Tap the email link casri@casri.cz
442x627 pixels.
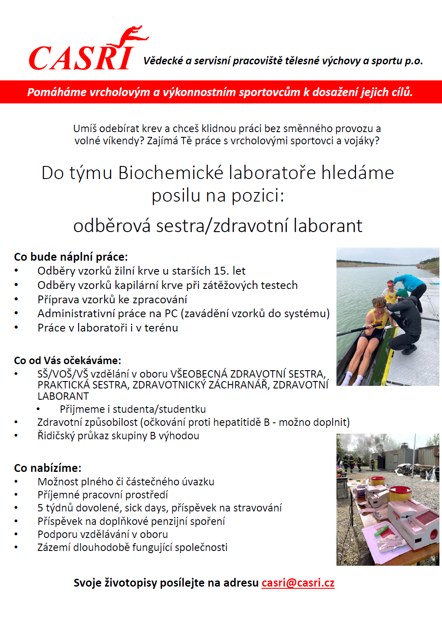click(298, 583)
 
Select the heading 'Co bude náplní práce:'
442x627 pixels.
click(71, 257)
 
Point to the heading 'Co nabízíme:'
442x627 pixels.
click(47, 468)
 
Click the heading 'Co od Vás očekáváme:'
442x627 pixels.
click(67, 361)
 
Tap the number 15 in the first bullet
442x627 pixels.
click(220, 271)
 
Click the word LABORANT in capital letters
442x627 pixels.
click(63, 396)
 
